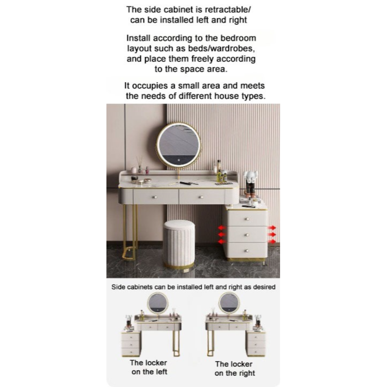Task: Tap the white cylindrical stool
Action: (x=179, y=244)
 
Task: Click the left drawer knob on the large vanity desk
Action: (x=155, y=197)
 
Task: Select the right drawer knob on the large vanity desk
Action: (x=201, y=197)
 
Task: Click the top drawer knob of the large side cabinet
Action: (x=247, y=219)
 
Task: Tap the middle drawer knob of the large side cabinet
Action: (x=247, y=235)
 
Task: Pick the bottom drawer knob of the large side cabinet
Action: (x=247, y=251)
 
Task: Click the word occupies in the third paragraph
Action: (x=150, y=86)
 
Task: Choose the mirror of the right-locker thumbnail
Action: (x=229, y=303)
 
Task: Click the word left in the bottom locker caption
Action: (x=161, y=372)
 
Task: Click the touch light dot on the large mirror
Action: (x=179, y=160)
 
